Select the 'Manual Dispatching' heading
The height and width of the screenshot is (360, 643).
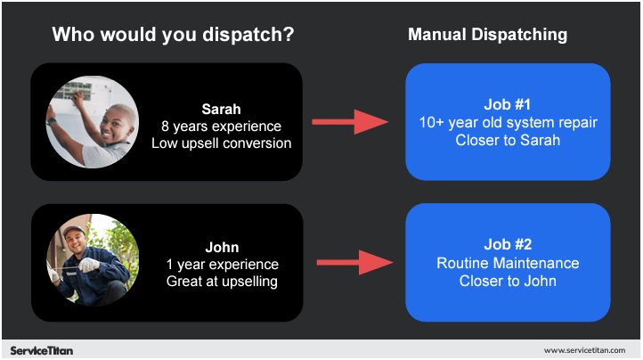pos(487,35)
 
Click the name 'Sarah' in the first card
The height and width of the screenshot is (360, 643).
pos(221,109)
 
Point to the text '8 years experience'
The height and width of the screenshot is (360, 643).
pos(221,126)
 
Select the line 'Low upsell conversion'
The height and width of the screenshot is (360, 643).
pos(221,143)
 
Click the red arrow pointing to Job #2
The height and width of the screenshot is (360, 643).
pos(354,262)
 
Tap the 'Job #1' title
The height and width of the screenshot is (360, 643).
pos(508,105)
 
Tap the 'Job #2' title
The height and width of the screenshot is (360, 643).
pos(508,246)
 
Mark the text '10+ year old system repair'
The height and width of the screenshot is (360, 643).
pos(508,122)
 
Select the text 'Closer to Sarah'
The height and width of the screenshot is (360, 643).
pos(508,140)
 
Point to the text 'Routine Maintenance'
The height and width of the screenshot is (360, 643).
pos(508,263)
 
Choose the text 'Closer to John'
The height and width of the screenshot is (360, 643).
pos(508,281)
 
